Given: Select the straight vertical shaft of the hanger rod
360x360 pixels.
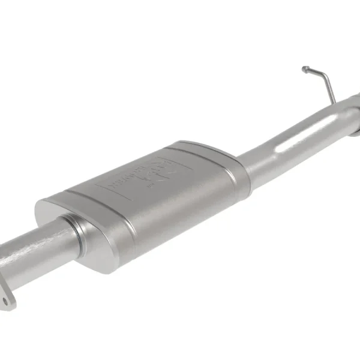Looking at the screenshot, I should click(x=328, y=88).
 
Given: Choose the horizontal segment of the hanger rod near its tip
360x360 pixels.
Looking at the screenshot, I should click(x=312, y=70).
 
